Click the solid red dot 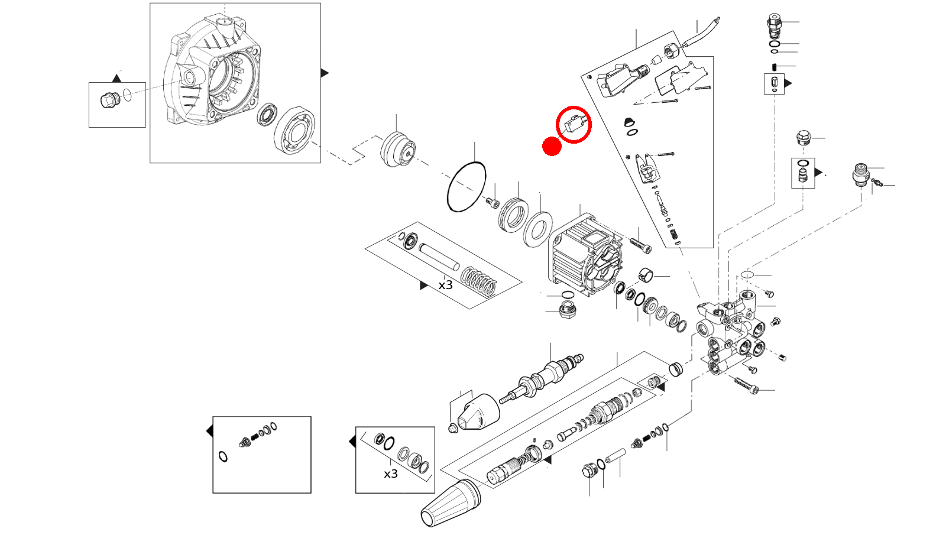click(552, 147)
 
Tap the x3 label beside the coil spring click(445, 285)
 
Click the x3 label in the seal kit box click(391, 474)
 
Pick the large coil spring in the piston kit click(479, 282)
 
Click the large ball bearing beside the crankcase click(294, 130)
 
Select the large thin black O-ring click(466, 186)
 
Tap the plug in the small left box click(109, 100)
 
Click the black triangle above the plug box click(117, 79)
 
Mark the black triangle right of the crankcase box click(324, 73)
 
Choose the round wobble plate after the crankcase click(397, 150)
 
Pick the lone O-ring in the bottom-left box click(223, 456)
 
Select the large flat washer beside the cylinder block click(537, 229)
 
